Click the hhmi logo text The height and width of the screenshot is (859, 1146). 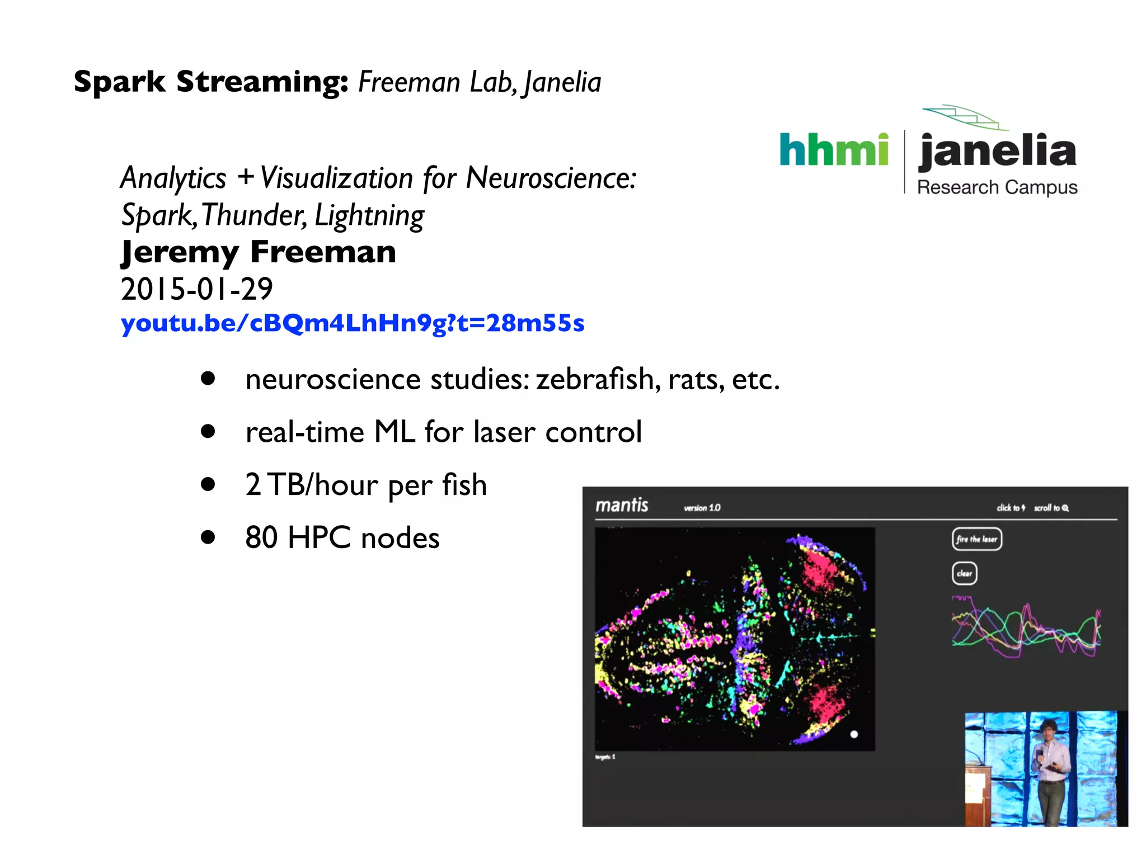pyautogui.click(x=834, y=150)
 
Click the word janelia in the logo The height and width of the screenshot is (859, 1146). pyautogui.click(x=997, y=151)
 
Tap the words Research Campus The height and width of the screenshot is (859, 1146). pyautogui.click(x=997, y=187)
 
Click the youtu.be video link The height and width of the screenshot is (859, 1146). pyautogui.click(x=353, y=323)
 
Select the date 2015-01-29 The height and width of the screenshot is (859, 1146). pyautogui.click(x=197, y=289)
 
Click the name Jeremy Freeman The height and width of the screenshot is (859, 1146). pyautogui.click(x=259, y=252)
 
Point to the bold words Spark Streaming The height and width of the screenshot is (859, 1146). pyautogui.click(x=211, y=82)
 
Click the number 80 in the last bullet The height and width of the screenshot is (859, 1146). pyautogui.click(x=261, y=537)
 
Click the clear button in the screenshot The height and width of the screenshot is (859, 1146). pyautogui.click(x=964, y=573)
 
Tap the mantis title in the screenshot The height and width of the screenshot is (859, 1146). pyautogui.click(x=621, y=506)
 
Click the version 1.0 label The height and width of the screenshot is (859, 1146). pyautogui.click(x=702, y=508)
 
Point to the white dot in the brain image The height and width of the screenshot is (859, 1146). pyautogui.click(x=854, y=734)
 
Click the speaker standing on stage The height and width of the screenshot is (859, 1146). pyautogui.click(x=1050, y=769)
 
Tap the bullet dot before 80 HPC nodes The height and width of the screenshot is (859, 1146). pyautogui.click(x=208, y=537)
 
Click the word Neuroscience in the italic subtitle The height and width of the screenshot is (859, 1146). pyautogui.click(x=551, y=178)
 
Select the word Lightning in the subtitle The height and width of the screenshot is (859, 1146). pyautogui.click(x=369, y=216)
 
